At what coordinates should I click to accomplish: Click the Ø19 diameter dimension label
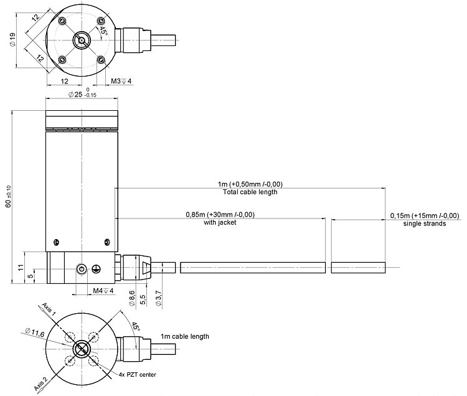[x=12, y=39]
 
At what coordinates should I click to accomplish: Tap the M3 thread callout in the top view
[x=121, y=81]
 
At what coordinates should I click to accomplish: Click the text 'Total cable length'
[x=250, y=192]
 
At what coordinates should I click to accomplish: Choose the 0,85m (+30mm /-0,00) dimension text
[x=220, y=214]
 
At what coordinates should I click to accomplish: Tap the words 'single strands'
[x=425, y=224]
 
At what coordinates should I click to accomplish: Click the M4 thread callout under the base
[x=103, y=291]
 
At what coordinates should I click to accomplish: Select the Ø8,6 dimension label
[x=132, y=298]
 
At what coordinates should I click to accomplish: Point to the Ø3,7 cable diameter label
[x=158, y=299]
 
